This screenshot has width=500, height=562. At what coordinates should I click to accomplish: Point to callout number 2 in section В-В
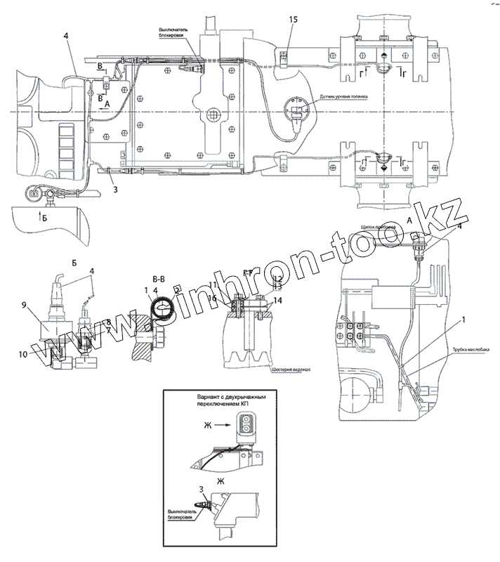pos(177,289)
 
